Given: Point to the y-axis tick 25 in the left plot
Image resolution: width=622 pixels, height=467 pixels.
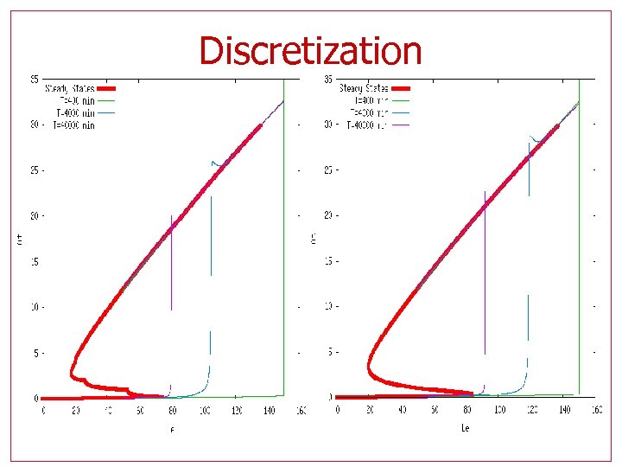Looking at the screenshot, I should (34, 170).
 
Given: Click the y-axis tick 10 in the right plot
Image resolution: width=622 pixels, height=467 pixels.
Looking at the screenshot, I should (327, 307).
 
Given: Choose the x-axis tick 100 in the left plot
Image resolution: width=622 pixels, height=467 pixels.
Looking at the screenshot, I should (205, 412).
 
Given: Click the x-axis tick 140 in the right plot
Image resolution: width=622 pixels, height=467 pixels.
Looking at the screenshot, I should (563, 411).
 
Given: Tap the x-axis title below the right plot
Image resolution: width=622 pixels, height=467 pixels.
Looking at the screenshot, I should (464, 427).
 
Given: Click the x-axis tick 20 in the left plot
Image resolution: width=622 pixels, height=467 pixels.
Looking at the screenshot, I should (76, 412).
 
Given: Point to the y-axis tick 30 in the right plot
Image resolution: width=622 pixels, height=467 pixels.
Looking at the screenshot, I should (327, 125).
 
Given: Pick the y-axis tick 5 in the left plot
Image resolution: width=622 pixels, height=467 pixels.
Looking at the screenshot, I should (35, 353).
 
